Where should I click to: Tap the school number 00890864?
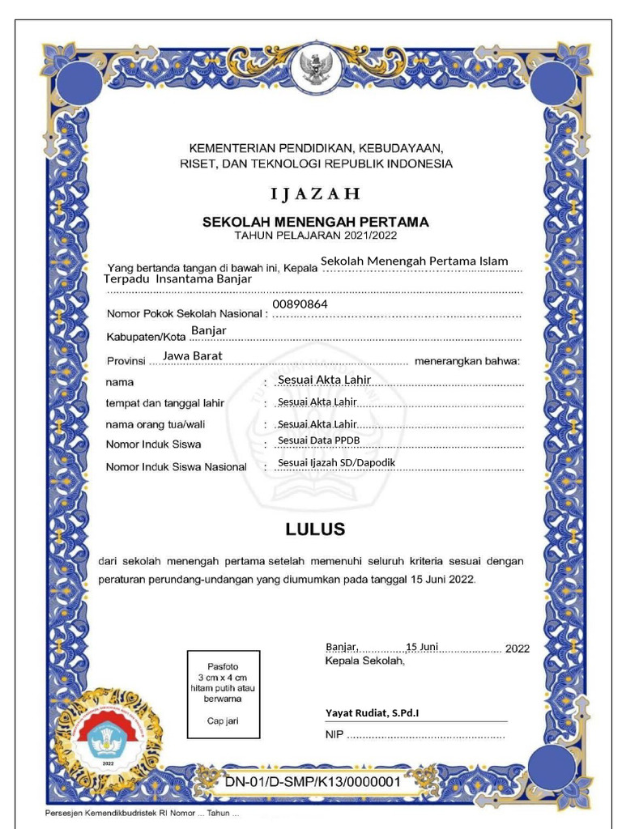(300, 304)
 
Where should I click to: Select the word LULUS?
(315, 530)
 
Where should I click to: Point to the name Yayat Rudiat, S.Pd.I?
(373, 712)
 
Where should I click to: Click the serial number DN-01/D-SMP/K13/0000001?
(312, 783)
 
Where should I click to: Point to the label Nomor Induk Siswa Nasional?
(176, 467)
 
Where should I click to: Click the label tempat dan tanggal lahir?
(164, 402)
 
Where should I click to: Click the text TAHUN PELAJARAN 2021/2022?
(315, 236)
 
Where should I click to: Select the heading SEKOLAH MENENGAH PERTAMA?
(315, 222)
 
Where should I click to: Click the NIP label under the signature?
(334, 735)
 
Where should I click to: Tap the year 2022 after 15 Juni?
(517, 648)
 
